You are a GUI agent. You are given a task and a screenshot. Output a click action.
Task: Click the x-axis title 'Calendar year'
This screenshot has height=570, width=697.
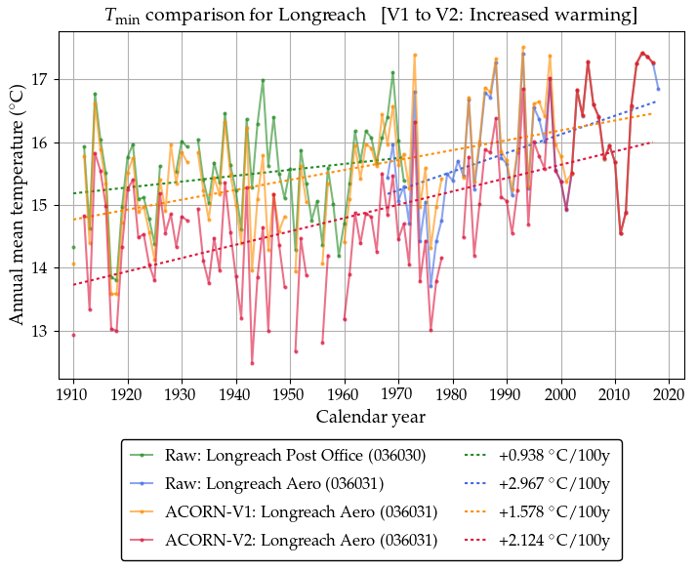point(370,417)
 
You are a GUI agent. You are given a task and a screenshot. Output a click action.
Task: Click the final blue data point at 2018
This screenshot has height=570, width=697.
point(658,89)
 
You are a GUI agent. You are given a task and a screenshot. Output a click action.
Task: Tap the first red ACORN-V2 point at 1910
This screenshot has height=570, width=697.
point(73,335)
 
